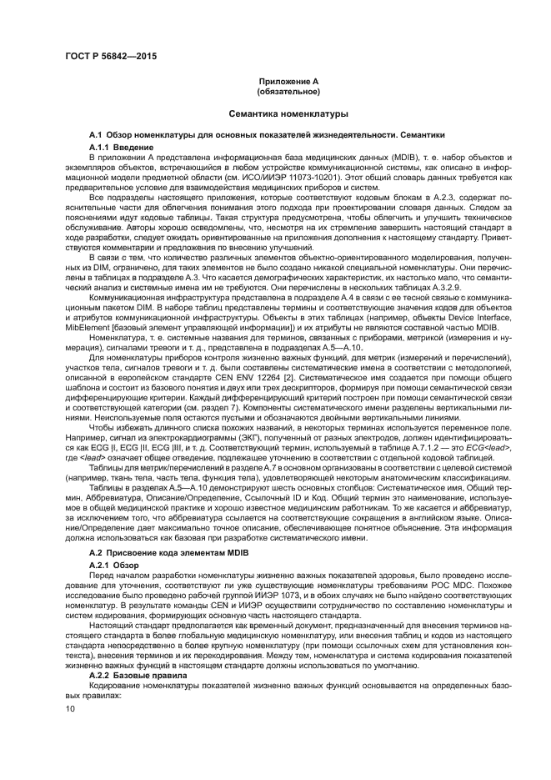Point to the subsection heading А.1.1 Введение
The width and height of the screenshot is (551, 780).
(x=117, y=146)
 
